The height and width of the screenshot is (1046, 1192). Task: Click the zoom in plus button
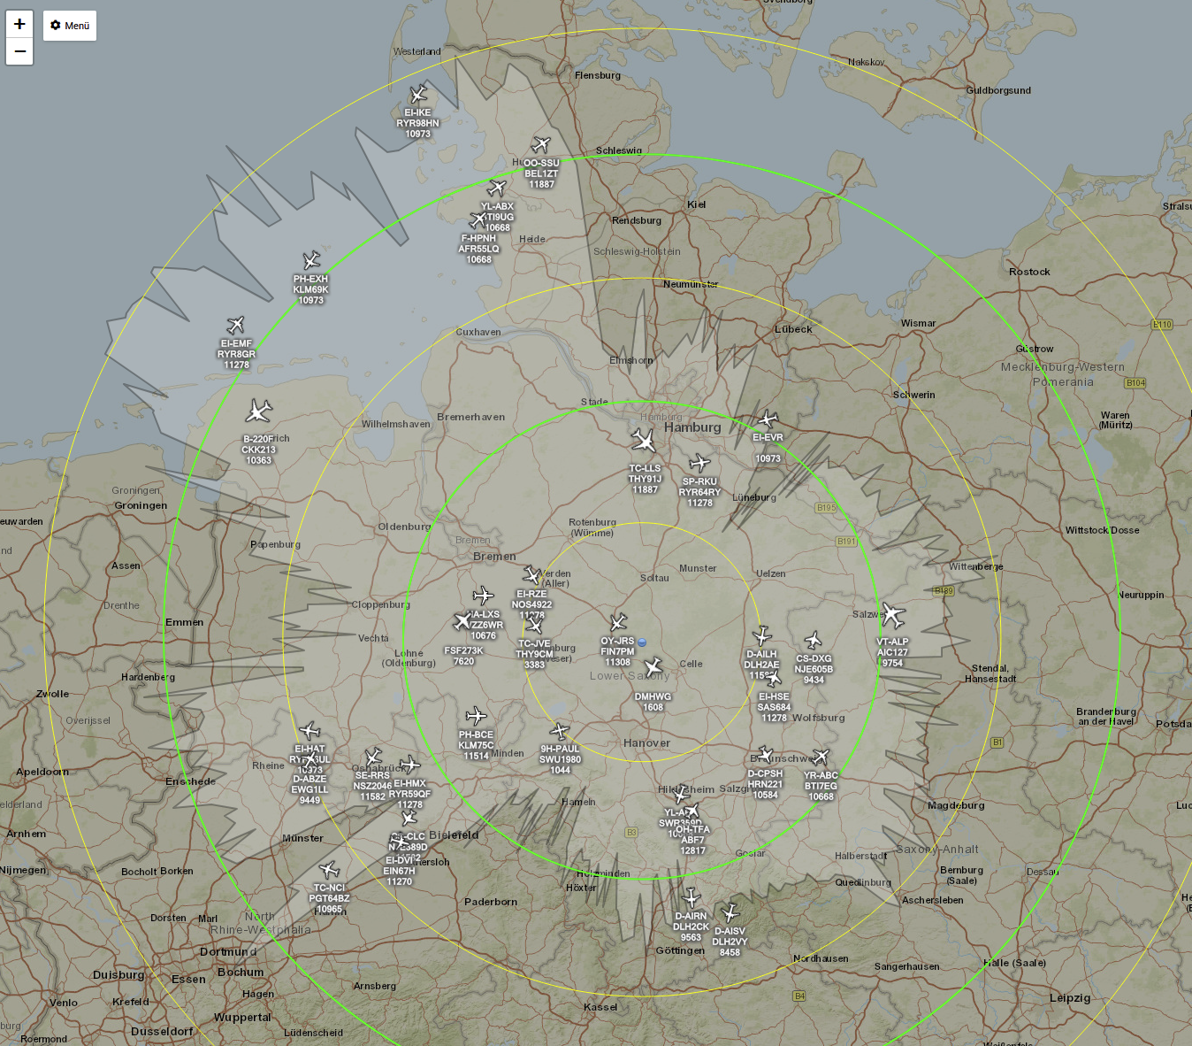pyautogui.click(x=19, y=24)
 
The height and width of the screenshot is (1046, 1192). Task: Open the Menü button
pyautogui.click(x=70, y=26)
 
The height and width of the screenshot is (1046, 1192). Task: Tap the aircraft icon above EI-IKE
pyautogui.click(x=418, y=95)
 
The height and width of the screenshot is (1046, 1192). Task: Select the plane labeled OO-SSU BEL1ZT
pyautogui.click(x=541, y=145)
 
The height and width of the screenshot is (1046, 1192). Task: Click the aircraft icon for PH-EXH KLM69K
pyautogui.click(x=311, y=260)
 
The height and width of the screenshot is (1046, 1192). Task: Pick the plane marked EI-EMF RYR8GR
pyautogui.click(x=235, y=325)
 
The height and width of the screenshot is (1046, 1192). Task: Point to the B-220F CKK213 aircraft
pyautogui.click(x=259, y=411)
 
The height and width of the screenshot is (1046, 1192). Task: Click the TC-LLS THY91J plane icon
pyautogui.click(x=644, y=440)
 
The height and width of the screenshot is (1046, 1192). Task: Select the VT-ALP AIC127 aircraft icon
pyautogui.click(x=893, y=615)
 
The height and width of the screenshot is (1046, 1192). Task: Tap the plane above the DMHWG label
pyautogui.click(x=653, y=667)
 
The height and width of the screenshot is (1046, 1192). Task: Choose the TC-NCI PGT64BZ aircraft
pyautogui.click(x=329, y=870)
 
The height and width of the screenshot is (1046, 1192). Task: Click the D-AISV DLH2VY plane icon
pyautogui.click(x=730, y=912)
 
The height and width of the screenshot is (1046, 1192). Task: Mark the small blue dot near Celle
pyautogui.click(x=642, y=642)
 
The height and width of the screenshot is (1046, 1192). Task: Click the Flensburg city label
pyautogui.click(x=598, y=75)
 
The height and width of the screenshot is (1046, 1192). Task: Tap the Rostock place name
pyautogui.click(x=1029, y=272)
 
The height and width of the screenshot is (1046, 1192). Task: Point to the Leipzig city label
pyautogui.click(x=1069, y=998)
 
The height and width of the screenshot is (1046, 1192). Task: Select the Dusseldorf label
pyautogui.click(x=162, y=1032)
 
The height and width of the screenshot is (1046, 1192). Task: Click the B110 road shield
pyautogui.click(x=1161, y=325)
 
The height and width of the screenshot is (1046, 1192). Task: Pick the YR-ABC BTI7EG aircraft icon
pyautogui.click(x=821, y=757)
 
